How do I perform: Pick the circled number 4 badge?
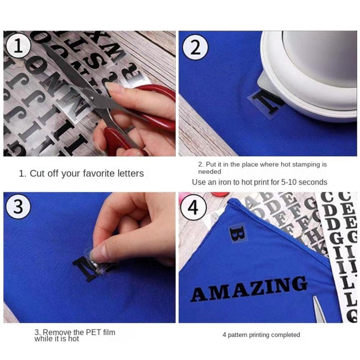pyautogui.click(x=193, y=208)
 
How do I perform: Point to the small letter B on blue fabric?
pyautogui.click(x=238, y=234)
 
